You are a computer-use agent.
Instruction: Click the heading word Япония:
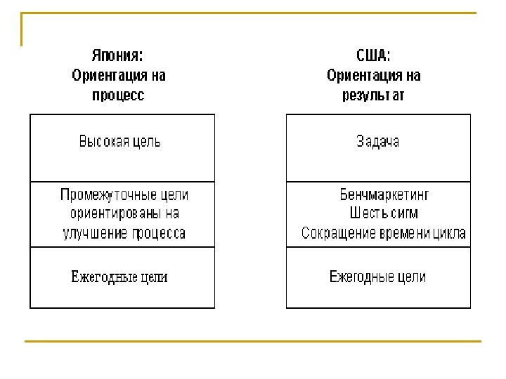click(120, 55)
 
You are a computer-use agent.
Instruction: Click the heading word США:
click(374, 55)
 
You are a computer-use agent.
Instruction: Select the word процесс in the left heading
click(119, 95)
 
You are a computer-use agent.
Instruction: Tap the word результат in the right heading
click(373, 95)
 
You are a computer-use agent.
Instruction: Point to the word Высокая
click(104, 142)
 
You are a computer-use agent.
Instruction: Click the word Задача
click(378, 142)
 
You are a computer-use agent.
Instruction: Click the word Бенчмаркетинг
click(384, 194)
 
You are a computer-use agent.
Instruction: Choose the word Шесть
click(367, 213)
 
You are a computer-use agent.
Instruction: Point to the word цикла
click(449, 233)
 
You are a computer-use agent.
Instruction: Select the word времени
click(403, 233)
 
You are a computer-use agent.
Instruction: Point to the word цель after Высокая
click(148, 142)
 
